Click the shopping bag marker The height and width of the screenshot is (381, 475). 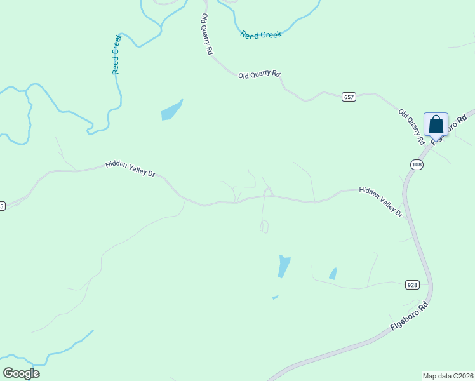(x=436, y=124)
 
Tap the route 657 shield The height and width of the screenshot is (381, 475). (x=349, y=97)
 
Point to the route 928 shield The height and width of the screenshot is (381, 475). (x=412, y=285)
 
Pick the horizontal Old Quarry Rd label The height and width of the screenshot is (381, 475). (x=259, y=75)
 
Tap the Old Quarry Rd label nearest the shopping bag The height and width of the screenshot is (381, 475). (x=411, y=126)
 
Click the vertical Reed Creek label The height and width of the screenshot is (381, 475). (x=116, y=55)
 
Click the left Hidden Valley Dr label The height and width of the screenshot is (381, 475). (x=130, y=168)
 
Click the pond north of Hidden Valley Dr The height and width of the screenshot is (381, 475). (x=171, y=110)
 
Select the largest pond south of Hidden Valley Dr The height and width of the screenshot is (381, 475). (x=283, y=266)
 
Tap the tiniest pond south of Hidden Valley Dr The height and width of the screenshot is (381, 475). (x=275, y=297)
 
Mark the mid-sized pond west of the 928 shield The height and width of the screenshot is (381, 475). (x=333, y=274)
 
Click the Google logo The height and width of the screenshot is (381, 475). (x=21, y=373)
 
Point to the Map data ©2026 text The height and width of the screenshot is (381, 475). (x=448, y=376)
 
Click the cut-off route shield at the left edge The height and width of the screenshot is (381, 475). (x=2, y=206)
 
